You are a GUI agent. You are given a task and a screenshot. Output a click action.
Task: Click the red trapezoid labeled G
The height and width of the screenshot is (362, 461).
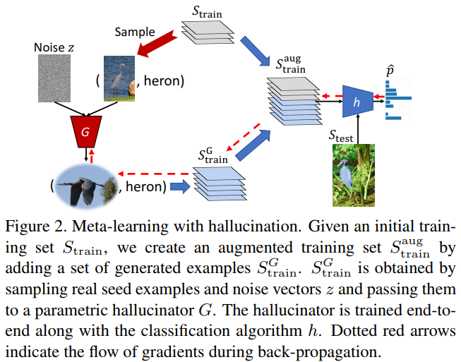click(x=86, y=132)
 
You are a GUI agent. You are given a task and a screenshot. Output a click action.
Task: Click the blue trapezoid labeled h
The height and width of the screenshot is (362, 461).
click(x=358, y=102)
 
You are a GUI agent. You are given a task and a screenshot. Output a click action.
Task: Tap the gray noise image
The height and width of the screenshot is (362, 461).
click(x=54, y=78)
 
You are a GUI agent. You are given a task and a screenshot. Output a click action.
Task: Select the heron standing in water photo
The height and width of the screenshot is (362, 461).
click(x=119, y=78)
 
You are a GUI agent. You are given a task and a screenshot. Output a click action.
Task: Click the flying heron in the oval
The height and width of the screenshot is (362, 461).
click(x=85, y=186)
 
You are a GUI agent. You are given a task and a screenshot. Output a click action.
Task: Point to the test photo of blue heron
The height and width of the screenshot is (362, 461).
click(x=354, y=175)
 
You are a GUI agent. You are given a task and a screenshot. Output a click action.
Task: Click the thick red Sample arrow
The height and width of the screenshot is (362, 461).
click(x=157, y=45)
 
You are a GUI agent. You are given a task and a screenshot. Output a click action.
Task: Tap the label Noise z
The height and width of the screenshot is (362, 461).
click(x=54, y=47)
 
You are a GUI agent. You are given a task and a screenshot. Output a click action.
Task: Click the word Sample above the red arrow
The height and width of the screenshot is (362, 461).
click(x=135, y=32)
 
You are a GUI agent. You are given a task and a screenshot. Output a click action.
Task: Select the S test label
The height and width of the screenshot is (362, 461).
click(x=341, y=135)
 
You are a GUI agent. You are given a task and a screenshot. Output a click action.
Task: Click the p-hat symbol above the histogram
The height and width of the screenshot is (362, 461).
click(x=390, y=71)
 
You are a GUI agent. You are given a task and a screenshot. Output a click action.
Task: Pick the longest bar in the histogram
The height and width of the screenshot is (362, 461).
click(x=398, y=98)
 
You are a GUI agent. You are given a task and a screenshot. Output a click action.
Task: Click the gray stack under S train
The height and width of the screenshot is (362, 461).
click(x=208, y=32)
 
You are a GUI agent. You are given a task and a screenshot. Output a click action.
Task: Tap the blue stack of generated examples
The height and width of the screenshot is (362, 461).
click(x=220, y=184)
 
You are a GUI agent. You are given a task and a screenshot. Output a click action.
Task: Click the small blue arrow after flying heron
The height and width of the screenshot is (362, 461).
click(x=180, y=186)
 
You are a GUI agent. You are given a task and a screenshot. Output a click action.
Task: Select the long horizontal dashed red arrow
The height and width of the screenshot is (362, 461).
click(x=153, y=174)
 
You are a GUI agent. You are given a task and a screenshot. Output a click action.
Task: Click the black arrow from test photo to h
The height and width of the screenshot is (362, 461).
click(x=358, y=129)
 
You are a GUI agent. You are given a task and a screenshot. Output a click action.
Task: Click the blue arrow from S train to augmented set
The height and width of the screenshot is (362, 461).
click(x=255, y=51)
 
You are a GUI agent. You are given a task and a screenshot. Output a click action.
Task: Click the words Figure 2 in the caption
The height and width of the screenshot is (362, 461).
click(x=33, y=227)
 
